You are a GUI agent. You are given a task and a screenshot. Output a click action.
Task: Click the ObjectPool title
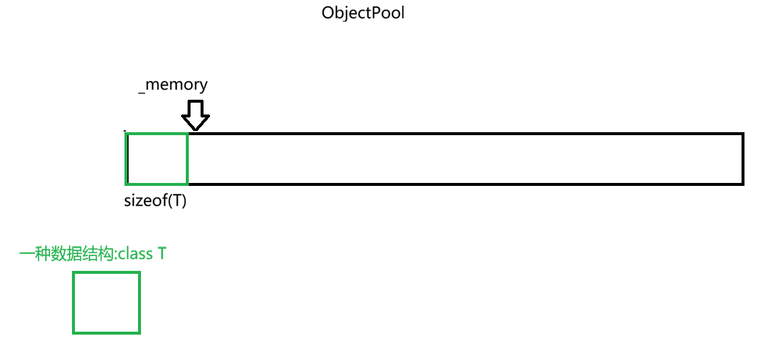(x=363, y=13)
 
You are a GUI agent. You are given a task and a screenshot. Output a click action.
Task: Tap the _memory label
(x=173, y=85)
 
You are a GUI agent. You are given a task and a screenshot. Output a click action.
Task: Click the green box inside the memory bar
(x=157, y=159)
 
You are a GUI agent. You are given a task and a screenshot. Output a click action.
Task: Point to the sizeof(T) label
(x=155, y=201)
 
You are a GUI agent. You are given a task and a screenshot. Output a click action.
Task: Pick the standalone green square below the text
(x=106, y=303)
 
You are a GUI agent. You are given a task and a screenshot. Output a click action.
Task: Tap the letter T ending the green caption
(x=162, y=254)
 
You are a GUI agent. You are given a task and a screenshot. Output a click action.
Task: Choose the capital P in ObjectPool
(x=379, y=13)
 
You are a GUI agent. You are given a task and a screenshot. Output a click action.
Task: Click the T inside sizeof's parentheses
(x=176, y=201)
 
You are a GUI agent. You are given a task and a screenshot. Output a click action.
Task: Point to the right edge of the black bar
(x=743, y=159)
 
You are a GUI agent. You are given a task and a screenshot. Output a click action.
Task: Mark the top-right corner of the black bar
(x=743, y=135)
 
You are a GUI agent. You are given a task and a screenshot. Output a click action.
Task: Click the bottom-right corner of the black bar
(x=743, y=184)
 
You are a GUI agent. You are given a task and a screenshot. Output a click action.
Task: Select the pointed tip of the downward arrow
(x=195, y=129)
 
